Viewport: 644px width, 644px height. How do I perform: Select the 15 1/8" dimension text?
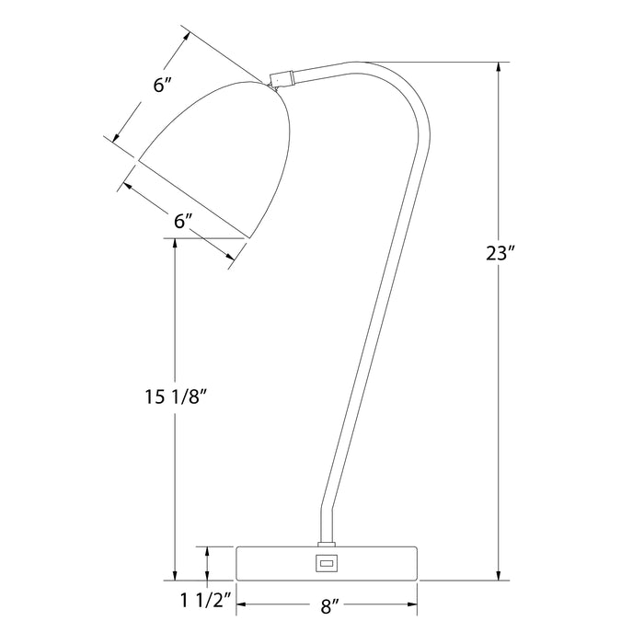pos(174,397)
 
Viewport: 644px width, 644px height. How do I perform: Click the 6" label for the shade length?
pos(163,86)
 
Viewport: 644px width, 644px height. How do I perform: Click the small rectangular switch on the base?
pos(326,563)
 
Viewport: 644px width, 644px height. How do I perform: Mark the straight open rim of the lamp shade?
pos(194,199)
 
